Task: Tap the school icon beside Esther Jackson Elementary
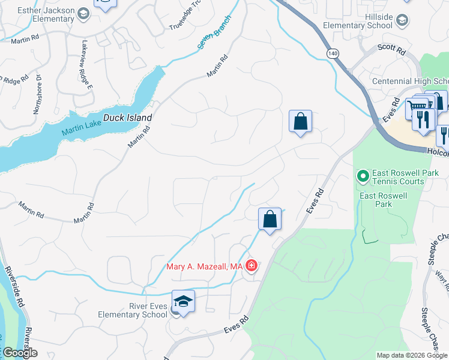pyautogui.click(x=84, y=13)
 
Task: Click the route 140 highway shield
pyautogui.click(x=332, y=54)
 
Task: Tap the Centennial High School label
pyautogui.click(x=411, y=82)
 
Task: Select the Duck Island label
pyautogui.click(x=127, y=118)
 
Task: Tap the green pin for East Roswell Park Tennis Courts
pyautogui.click(x=363, y=176)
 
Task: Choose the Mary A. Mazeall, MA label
pyautogui.click(x=204, y=266)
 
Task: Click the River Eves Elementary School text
pyautogui.click(x=133, y=310)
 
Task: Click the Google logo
pyautogui.click(x=19, y=353)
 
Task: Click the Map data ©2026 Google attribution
pyautogui.click(x=412, y=355)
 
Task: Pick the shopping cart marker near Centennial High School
pyautogui.click(x=416, y=108)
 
